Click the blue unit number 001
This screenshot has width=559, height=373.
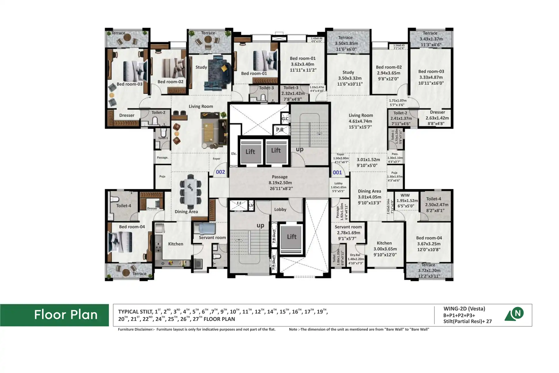337,172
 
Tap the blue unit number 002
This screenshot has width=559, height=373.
220,172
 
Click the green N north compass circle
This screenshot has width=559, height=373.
518,313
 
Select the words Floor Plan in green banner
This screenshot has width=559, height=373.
66,315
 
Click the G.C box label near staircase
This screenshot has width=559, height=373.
285,119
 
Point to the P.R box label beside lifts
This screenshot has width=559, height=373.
280,130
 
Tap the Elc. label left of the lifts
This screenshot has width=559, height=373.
234,154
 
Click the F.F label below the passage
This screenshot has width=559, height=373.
239,203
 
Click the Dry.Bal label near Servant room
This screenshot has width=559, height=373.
355,259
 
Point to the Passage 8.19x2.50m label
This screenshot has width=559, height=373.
280,182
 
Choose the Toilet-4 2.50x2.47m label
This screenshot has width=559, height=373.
435,204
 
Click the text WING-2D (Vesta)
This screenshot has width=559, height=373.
464,309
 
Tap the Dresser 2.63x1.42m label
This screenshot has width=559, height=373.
437,118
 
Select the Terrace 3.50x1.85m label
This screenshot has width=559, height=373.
346,43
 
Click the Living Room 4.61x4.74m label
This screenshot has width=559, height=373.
361,121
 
